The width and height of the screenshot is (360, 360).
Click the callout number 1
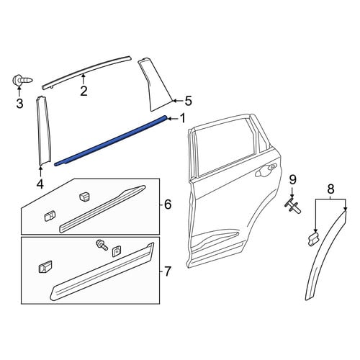(183, 119)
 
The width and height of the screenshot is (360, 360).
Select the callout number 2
(84, 91)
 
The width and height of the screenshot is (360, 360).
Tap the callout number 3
(19, 103)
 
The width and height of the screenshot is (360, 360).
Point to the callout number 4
(40, 184)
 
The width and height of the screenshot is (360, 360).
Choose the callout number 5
(189, 101)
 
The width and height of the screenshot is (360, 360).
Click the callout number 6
(168, 204)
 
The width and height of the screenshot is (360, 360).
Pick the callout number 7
(167, 271)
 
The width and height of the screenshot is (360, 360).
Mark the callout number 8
(330, 189)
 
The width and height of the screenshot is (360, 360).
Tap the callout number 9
(292, 179)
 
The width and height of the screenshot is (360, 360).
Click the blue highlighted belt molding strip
(111, 141)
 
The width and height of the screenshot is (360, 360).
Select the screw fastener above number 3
(22, 80)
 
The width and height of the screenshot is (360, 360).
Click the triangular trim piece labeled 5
(155, 84)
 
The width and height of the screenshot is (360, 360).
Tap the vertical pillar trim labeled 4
(43, 130)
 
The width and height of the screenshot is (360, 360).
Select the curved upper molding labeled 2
(86, 72)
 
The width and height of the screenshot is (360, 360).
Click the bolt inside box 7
(102, 245)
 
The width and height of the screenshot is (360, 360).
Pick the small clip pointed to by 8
(313, 240)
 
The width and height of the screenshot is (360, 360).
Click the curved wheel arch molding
(326, 255)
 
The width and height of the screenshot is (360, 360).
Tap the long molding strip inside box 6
(102, 209)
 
